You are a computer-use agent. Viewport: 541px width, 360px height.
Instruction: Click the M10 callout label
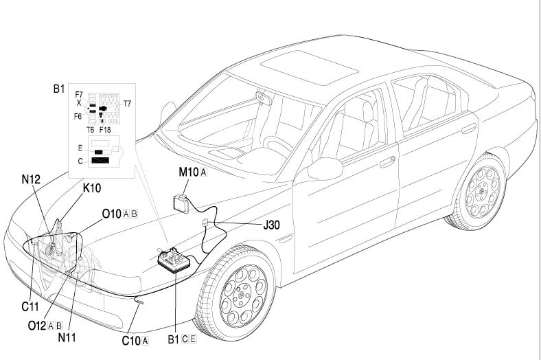click(x=188, y=172)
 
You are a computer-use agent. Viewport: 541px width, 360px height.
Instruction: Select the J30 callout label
click(x=269, y=224)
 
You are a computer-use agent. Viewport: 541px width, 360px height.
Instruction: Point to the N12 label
click(x=31, y=180)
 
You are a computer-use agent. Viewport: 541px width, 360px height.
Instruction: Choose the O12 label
click(x=37, y=326)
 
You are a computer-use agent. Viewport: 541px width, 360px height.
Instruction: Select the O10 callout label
click(x=112, y=214)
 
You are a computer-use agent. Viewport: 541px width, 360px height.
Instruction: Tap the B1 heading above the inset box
click(x=60, y=89)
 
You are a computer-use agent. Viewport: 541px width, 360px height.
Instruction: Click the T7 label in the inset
click(x=127, y=104)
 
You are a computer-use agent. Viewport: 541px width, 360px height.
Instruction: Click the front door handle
click(x=387, y=161)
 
